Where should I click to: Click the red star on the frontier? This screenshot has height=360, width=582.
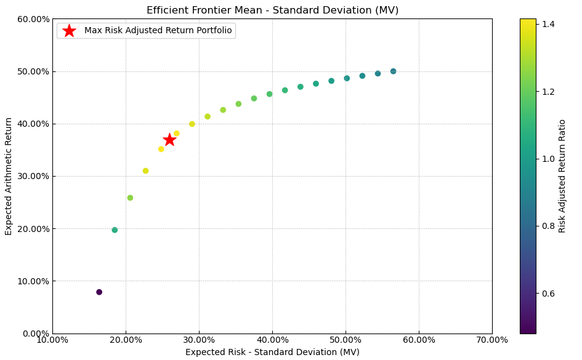coord(169,140)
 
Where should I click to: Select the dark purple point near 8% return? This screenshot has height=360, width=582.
coord(99,292)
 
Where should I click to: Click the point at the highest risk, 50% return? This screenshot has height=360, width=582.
coord(393,71)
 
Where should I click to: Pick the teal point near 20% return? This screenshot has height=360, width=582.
coord(115,230)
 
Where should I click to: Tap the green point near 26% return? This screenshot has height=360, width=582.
coord(130,198)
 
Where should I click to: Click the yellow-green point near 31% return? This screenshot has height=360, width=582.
coord(145,171)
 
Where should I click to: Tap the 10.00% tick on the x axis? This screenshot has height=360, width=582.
coord(52,340)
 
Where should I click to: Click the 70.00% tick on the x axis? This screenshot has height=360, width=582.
coord(492,340)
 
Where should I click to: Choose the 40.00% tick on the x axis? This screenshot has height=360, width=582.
coord(272,340)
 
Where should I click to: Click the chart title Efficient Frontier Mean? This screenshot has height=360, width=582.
coord(272,10)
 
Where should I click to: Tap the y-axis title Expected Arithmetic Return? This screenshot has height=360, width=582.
coord(9,176)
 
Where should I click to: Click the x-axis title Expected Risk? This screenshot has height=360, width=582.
coord(272,352)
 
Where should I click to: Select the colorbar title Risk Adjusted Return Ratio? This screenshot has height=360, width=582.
coord(562,176)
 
